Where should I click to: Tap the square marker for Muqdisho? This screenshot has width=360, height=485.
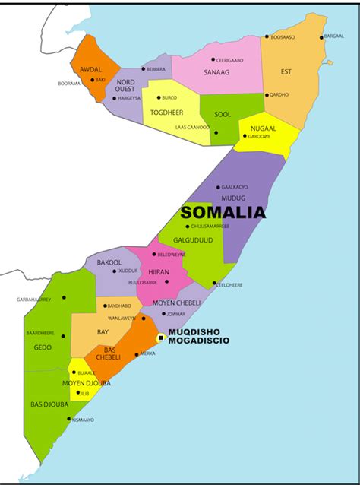coord(161,337)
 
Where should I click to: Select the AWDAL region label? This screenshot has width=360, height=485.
coord(90,69)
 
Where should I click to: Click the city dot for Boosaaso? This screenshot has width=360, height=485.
coord(267,36)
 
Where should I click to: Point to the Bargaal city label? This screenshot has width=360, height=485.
coord(334,36)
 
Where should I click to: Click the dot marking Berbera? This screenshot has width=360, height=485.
coord(143,69)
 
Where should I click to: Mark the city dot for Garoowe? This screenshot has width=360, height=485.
coord(245,137)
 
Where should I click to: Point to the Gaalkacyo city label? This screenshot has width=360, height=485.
coord(235,187)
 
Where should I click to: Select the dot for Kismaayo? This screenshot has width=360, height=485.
coord(69,418)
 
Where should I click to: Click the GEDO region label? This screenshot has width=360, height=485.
coord(43,347)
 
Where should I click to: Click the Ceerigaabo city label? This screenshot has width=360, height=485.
coord(229,59)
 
